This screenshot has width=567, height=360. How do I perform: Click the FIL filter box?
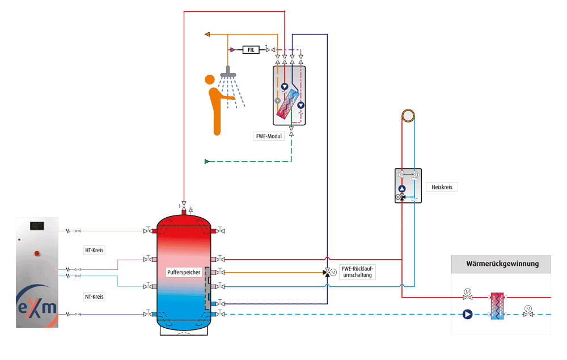click(x=252, y=50)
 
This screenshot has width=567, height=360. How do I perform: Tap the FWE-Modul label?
click(x=269, y=136)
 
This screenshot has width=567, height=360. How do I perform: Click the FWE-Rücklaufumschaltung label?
click(x=358, y=271)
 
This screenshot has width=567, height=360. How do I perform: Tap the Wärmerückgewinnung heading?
click(x=501, y=264)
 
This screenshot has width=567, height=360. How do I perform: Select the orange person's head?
click(x=210, y=81)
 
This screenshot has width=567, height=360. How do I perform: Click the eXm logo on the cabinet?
click(x=37, y=307)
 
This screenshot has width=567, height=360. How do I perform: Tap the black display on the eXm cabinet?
click(x=37, y=226)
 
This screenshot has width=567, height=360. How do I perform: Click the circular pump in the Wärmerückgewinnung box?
click(x=467, y=314)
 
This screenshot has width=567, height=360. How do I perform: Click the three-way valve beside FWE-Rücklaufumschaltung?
click(x=327, y=273)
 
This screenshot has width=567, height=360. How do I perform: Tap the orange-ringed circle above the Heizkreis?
click(x=408, y=116)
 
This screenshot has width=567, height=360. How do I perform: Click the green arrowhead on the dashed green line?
click(x=207, y=162)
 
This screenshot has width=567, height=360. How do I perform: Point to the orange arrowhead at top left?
click(x=208, y=35)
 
